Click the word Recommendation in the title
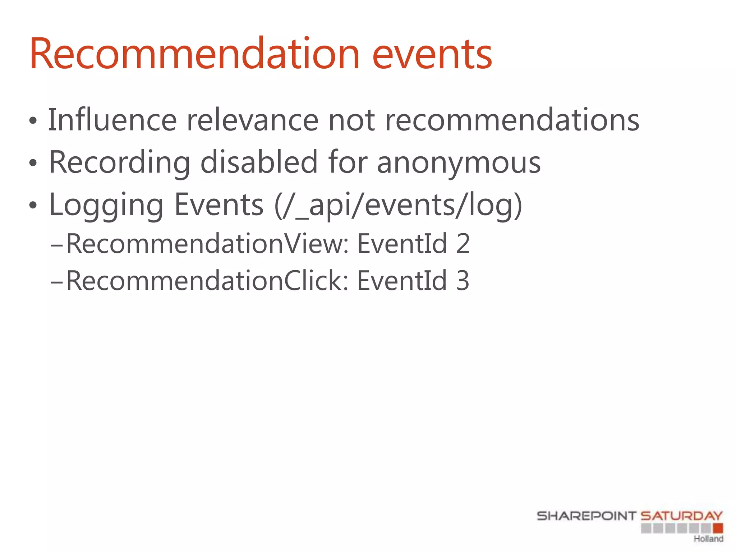click(x=194, y=54)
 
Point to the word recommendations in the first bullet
click(x=512, y=120)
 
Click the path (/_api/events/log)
click(x=398, y=205)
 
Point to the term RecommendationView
click(x=208, y=244)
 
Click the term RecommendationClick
click(x=207, y=281)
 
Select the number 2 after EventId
click(x=463, y=244)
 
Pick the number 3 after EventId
click(x=463, y=281)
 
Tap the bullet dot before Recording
click(x=33, y=164)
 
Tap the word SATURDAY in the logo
click(x=682, y=516)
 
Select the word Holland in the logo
click(x=708, y=539)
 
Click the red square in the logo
click(x=718, y=528)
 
